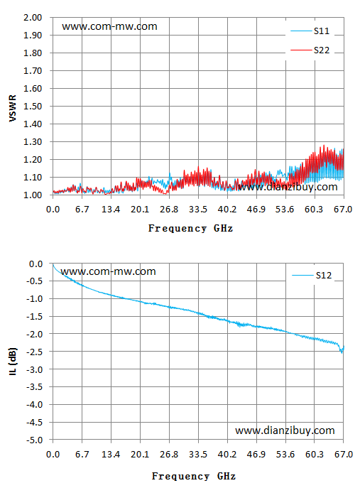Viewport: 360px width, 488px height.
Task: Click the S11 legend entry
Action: click(x=310, y=31)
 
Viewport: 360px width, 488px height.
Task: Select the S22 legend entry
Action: click(x=310, y=50)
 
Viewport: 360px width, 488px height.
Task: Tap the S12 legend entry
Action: click(x=312, y=275)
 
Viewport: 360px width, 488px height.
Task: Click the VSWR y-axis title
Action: click(x=13, y=108)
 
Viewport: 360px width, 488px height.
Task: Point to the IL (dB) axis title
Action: click(x=13, y=362)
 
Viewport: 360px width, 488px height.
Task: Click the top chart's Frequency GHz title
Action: click(x=190, y=228)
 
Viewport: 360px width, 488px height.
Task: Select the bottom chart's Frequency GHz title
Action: click(x=194, y=476)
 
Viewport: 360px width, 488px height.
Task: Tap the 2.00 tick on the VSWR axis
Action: click(x=33, y=18)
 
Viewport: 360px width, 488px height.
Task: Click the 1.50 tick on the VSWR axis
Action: click(x=33, y=106)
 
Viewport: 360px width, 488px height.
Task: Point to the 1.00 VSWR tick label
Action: click(x=33, y=195)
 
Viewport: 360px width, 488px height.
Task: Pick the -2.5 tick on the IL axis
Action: click(x=35, y=352)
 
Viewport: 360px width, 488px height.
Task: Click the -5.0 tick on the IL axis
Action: click(x=35, y=440)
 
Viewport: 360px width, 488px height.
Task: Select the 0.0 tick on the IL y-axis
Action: click(x=36, y=264)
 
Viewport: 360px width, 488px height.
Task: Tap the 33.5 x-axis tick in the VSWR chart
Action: click(x=198, y=210)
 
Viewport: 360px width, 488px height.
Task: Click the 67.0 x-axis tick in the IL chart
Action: click(x=344, y=455)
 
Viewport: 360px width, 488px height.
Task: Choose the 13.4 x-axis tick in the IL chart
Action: click(x=111, y=455)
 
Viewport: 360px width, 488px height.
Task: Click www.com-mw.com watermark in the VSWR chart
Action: click(x=109, y=26)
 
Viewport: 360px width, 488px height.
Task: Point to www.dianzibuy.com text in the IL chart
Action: click(x=285, y=430)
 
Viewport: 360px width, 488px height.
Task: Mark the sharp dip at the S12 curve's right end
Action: click(x=342, y=352)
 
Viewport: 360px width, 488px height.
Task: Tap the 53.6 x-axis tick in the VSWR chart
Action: click(x=285, y=210)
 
